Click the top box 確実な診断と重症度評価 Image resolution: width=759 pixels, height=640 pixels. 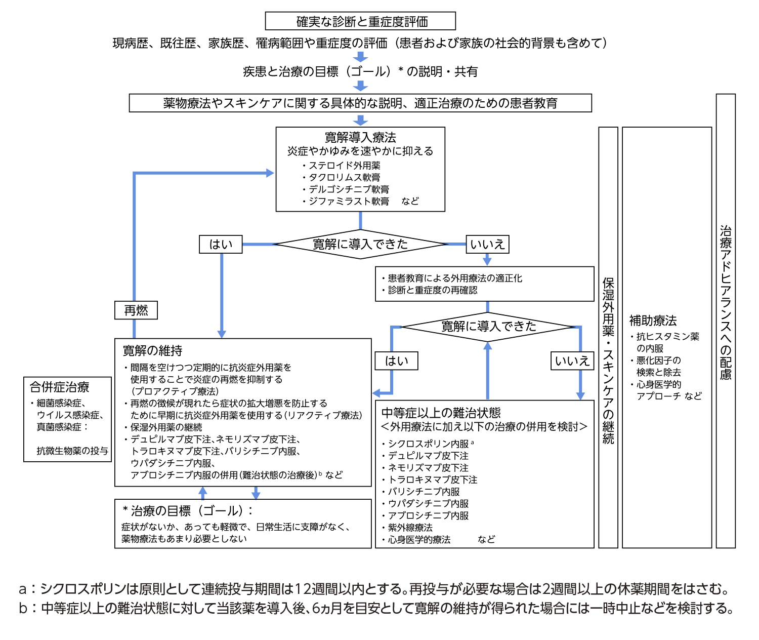(x=360, y=21)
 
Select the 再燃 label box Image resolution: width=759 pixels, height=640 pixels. (x=136, y=310)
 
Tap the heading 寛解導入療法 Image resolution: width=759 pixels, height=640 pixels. (x=360, y=137)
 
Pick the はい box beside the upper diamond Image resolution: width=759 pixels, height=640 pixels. (x=221, y=244)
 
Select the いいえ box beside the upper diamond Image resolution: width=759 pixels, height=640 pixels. (x=487, y=244)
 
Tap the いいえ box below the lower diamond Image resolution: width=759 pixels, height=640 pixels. (x=572, y=361)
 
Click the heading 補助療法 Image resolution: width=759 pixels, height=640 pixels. (x=653, y=321)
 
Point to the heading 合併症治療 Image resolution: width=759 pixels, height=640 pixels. (x=60, y=387)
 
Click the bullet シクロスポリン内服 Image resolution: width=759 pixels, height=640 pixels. (x=428, y=444)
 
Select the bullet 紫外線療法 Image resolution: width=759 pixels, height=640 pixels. (x=410, y=528)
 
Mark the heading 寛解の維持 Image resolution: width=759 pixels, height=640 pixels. (x=152, y=350)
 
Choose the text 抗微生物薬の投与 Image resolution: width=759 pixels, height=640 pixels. (x=72, y=451)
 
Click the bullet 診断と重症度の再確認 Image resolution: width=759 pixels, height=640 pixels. (x=432, y=290)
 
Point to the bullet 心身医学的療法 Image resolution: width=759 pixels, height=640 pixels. (x=419, y=540)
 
